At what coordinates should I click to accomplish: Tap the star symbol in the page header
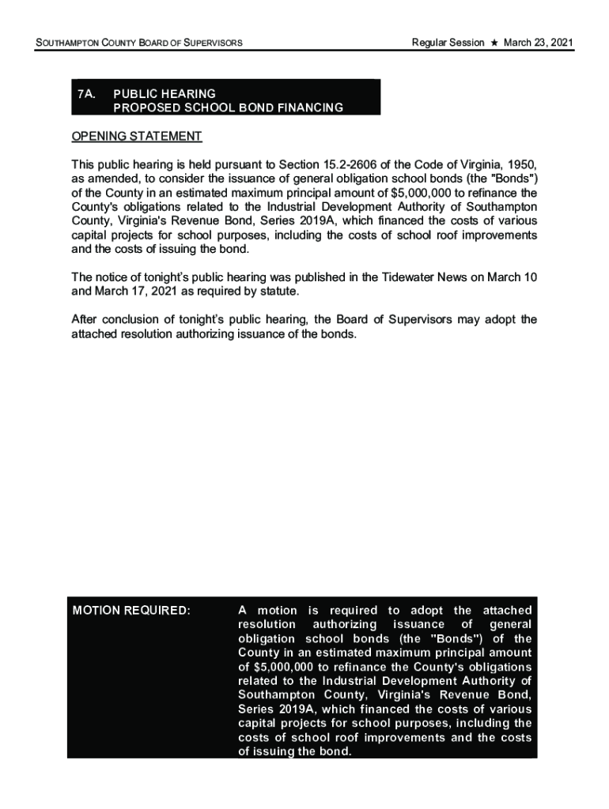pyautogui.click(x=494, y=42)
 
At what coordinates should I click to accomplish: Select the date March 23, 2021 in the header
pyautogui.click(x=539, y=42)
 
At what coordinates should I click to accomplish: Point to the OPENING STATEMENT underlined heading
pyautogui.click(x=137, y=137)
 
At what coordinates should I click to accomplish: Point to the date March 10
pyautogui.click(x=515, y=277)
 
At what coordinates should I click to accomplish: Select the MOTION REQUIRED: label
pyautogui.click(x=131, y=611)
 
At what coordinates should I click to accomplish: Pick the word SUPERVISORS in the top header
pyautogui.click(x=207, y=42)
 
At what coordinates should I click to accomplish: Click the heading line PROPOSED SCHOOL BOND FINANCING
pyautogui.click(x=229, y=107)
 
